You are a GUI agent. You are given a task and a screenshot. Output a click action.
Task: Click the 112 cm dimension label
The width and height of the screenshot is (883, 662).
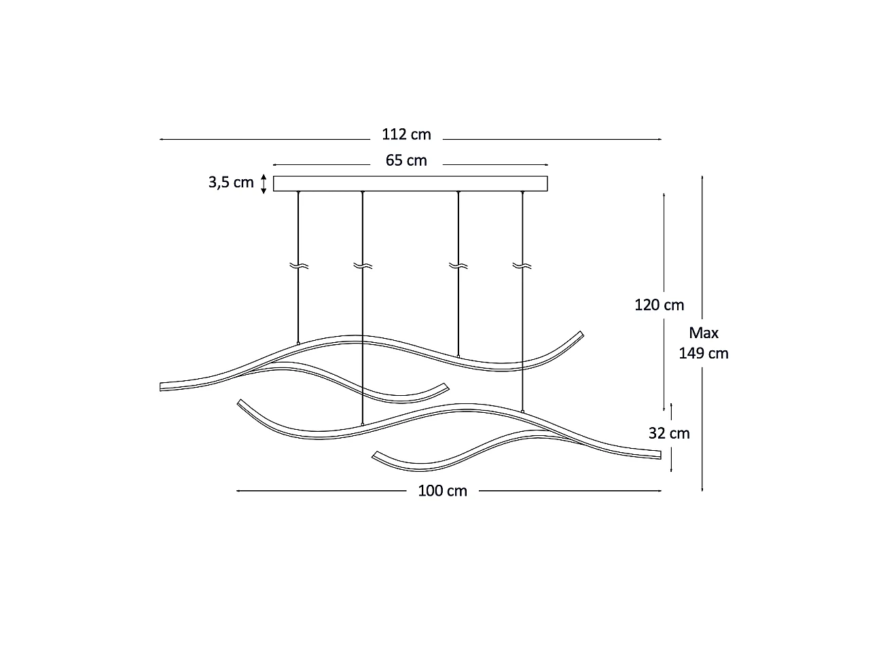[406, 134]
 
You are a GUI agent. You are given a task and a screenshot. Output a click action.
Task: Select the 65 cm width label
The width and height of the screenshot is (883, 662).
[406, 160]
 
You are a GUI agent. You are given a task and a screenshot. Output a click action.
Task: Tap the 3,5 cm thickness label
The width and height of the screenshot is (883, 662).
[231, 183]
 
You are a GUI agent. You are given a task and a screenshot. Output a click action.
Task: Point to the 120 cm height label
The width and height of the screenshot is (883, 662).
[659, 305]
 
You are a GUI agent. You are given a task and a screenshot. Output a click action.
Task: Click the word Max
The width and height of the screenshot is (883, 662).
[704, 333]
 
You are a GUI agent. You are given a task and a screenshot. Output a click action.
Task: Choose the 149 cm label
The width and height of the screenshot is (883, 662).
[704, 353]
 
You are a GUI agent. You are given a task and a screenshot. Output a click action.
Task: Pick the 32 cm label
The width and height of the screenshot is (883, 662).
[668, 433]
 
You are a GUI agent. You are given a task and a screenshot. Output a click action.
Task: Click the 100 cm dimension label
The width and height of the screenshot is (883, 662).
[442, 491]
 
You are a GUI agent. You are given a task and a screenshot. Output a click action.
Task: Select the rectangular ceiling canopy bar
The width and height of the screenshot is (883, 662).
[410, 183]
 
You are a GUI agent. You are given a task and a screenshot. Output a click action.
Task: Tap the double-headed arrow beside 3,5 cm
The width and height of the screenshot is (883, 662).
[264, 183]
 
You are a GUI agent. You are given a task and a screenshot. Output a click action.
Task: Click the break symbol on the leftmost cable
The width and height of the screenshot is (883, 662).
[298, 265]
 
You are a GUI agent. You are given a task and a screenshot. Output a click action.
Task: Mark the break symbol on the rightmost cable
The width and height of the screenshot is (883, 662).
[522, 265]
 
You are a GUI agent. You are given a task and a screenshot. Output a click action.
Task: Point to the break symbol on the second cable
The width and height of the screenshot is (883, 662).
[363, 265]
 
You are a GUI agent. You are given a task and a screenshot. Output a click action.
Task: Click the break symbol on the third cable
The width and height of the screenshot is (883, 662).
[458, 265]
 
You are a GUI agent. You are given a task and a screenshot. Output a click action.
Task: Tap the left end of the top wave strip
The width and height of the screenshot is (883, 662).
[162, 386]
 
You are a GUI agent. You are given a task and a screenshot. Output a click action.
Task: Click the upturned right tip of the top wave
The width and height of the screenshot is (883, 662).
[581, 333]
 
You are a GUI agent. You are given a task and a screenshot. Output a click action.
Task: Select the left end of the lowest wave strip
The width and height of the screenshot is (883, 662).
[375, 455]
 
